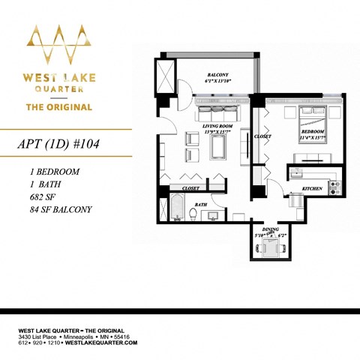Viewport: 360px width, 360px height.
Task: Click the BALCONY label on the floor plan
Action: (218, 74)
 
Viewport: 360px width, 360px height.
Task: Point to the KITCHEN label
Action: (312, 188)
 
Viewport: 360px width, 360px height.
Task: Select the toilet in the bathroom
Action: (193, 214)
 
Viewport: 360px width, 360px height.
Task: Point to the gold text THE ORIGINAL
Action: (59, 106)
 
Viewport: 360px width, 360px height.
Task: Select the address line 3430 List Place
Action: (40, 337)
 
